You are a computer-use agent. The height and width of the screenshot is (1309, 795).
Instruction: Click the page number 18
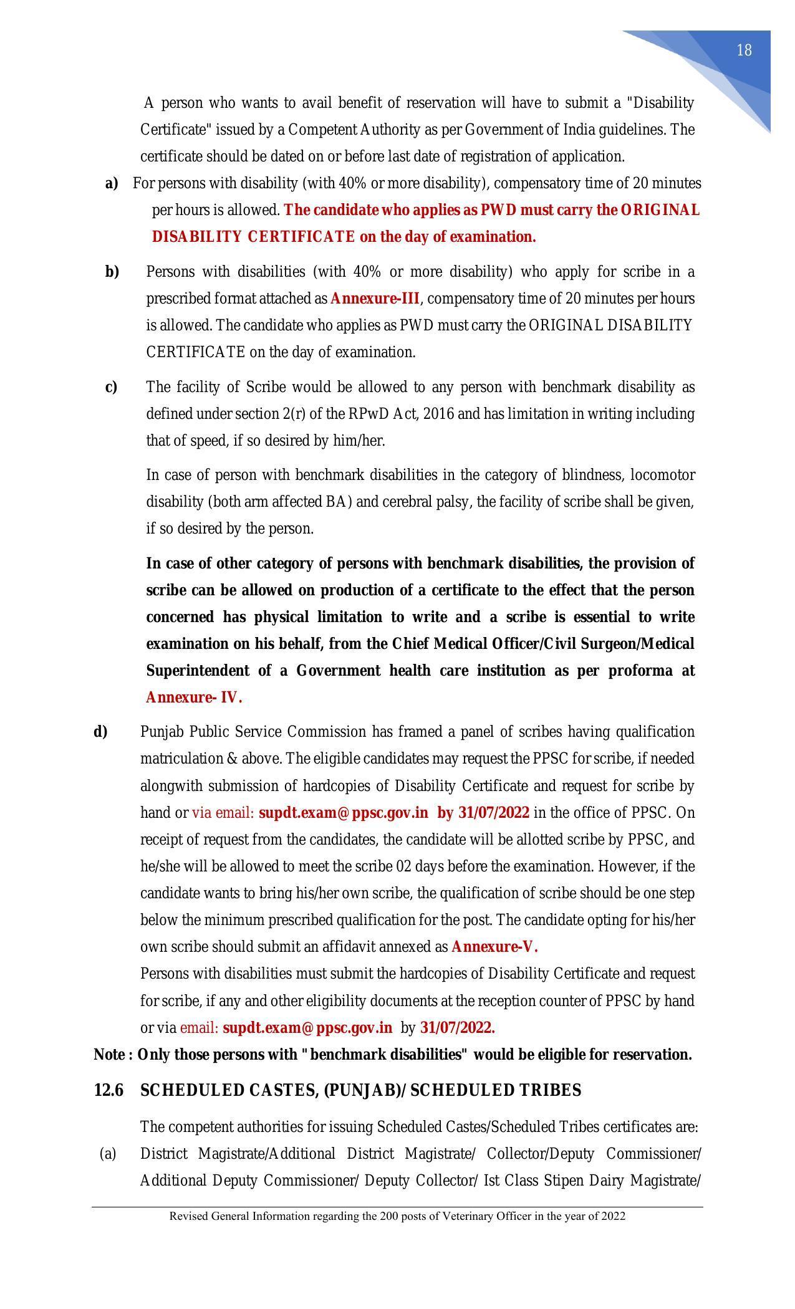[x=744, y=50]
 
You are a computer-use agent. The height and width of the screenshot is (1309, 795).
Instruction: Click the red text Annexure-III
[x=375, y=299]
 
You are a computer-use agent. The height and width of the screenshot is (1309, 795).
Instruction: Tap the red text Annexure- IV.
[x=194, y=698]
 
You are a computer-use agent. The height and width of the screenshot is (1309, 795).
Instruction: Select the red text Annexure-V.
[x=494, y=947]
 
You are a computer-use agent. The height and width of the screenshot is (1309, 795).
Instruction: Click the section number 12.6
[x=108, y=1090]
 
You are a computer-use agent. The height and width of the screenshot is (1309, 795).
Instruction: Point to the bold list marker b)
[x=112, y=272]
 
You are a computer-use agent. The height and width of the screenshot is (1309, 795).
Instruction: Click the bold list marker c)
[x=112, y=387]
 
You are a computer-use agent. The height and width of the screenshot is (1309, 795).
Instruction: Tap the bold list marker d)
[x=100, y=732]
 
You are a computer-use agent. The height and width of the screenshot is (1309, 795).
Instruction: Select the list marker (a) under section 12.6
[x=107, y=1154]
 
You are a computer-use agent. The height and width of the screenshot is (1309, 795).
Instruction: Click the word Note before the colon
[x=110, y=1055]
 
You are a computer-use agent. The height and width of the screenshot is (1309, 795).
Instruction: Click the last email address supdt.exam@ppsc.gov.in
[x=307, y=1027]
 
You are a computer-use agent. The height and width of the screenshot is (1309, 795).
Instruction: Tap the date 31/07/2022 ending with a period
[x=458, y=1027]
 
